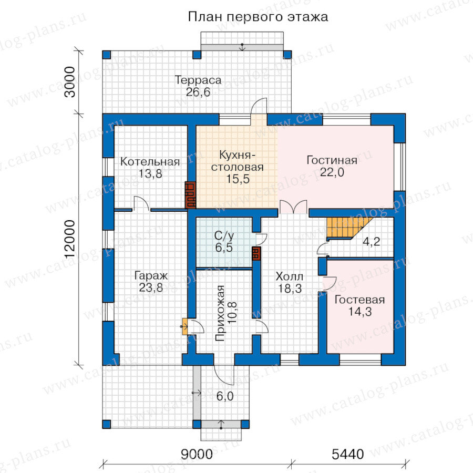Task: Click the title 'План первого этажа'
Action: [258, 17]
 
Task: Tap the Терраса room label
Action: [198, 80]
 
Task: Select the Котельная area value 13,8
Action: [150, 174]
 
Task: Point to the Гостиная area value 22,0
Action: [332, 172]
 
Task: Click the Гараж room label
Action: [151, 276]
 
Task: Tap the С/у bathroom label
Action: [224, 235]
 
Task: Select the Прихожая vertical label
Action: [221, 313]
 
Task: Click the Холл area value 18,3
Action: [290, 289]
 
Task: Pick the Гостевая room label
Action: [359, 300]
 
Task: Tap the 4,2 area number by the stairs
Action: [372, 241]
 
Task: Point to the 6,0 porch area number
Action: [225, 396]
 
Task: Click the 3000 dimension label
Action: [70, 82]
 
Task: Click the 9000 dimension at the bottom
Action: [197, 454]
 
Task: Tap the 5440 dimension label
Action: [347, 454]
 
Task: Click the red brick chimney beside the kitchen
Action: [191, 195]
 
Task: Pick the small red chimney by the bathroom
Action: [256, 253]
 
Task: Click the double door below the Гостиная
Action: [293, 207]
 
